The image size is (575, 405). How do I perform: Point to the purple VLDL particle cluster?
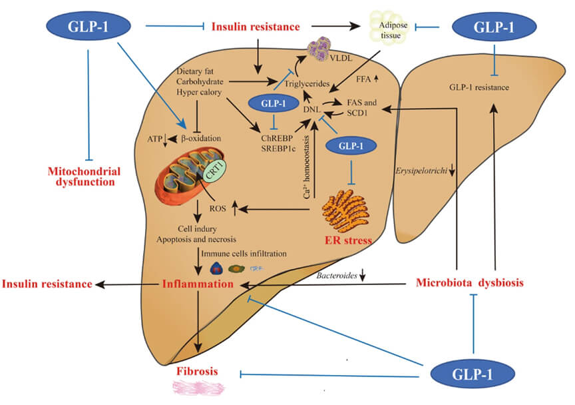coord(324,51)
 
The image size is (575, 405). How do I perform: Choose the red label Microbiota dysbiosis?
coord(470,282)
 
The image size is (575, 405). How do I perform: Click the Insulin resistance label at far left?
coord(46,284)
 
